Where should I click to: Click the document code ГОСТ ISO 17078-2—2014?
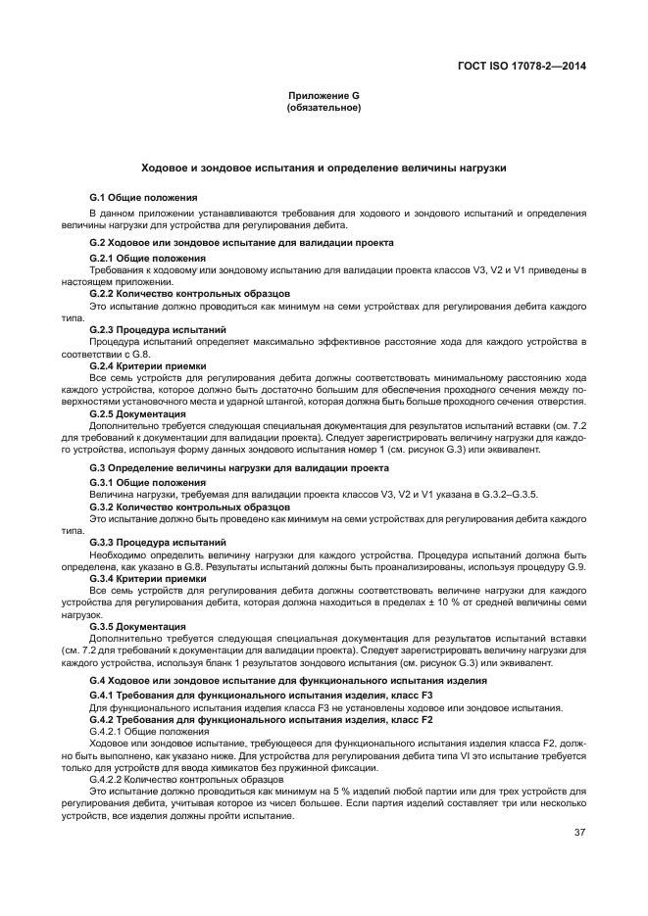(x=528, y=67)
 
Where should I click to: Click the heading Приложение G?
(x=324, y=95)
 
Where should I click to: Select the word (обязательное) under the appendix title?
(x=324, y=107)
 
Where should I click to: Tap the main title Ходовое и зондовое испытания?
(x=324, y=169)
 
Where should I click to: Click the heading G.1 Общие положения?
(x=143, y=198)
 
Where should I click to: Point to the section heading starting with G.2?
(x=241, y=242)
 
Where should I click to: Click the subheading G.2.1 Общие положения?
(x=147, y=258)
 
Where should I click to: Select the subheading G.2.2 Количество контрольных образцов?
(x=189, y=294)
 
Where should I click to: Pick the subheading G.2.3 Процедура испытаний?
(x=158, y=330)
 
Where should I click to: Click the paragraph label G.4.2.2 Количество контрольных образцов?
(x=173, y=779)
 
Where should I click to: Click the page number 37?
(x=579, y=834)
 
